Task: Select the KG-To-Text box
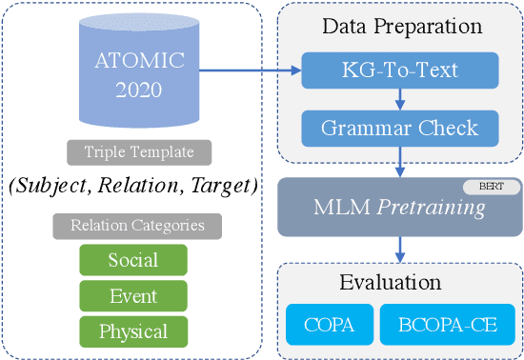point(399,70)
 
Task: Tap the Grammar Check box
point(399,127)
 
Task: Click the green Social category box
point(132,260)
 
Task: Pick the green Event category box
point(132,295)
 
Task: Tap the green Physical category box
point(132,330)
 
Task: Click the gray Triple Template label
point(139,152)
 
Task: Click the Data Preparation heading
point(399,29)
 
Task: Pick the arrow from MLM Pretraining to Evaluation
point(399,248)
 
